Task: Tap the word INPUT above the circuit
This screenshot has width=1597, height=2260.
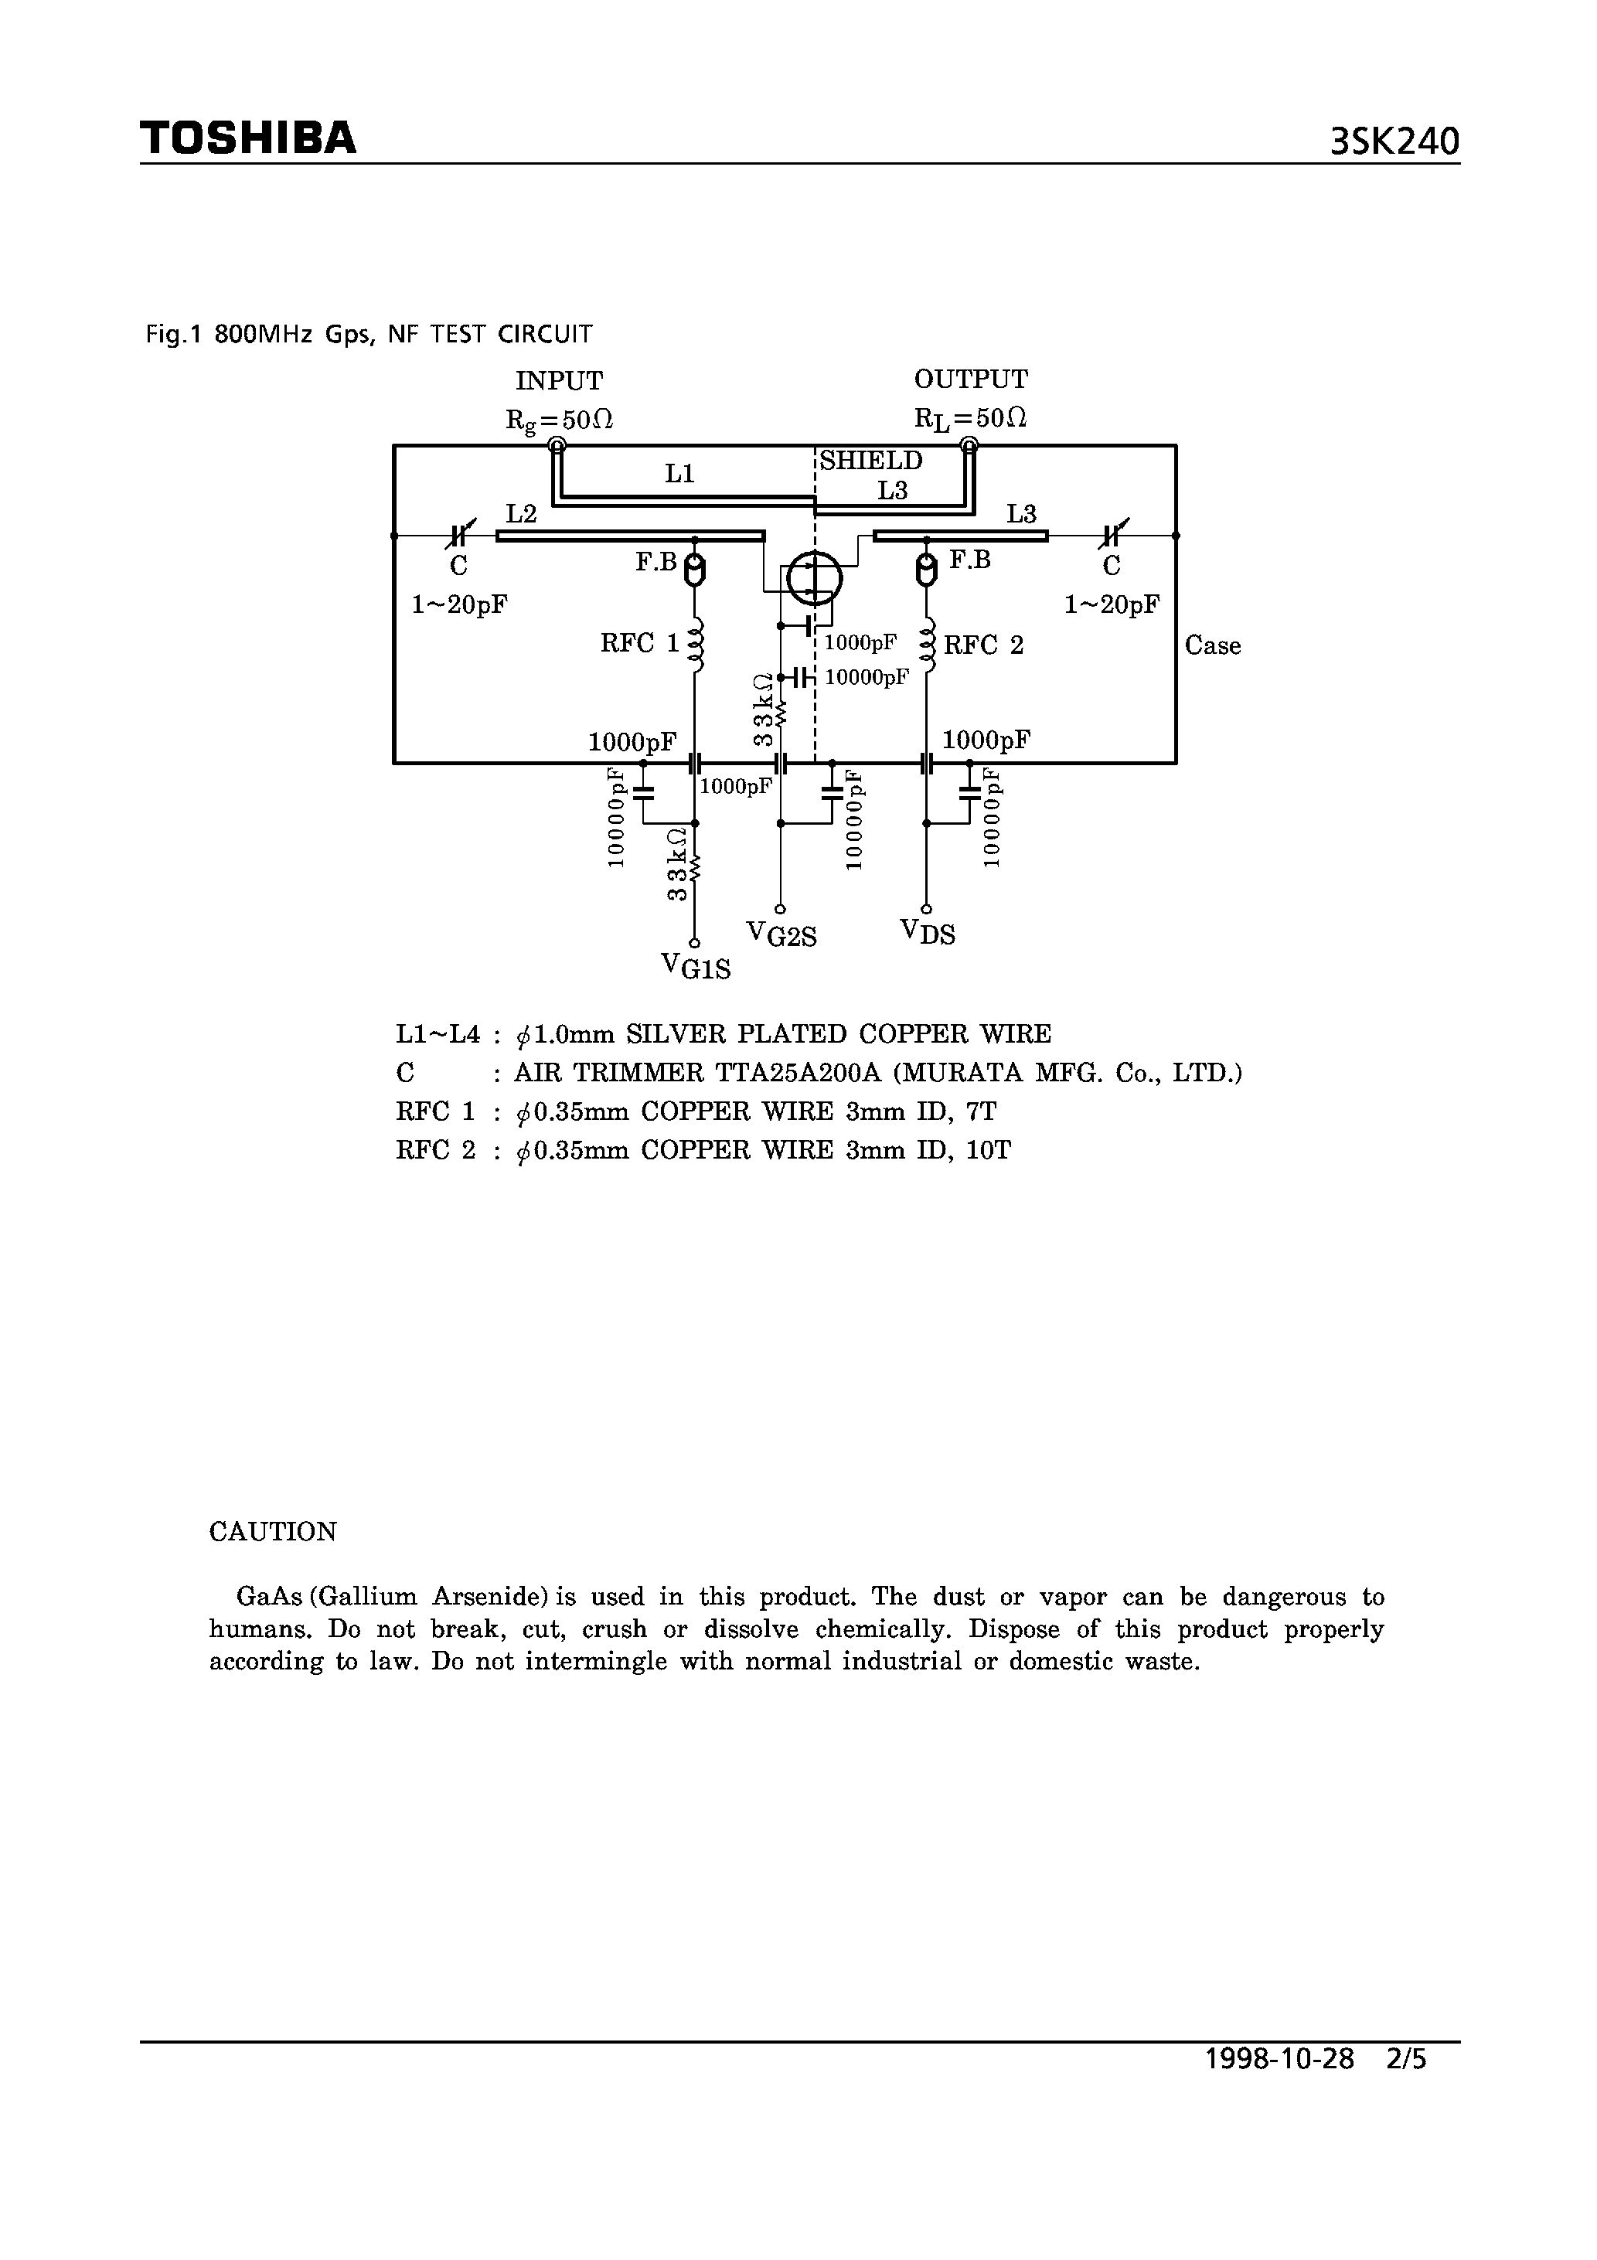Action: (559, 381)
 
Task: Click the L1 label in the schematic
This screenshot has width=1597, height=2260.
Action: (679, 475)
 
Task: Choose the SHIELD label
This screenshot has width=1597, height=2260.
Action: (871, 461)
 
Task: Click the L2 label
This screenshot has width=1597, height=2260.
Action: (521, 514)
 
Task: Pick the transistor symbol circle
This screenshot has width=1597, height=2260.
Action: (813, 578)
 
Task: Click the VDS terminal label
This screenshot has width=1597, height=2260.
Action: (928, 931)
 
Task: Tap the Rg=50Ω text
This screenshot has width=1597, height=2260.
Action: (559, 420)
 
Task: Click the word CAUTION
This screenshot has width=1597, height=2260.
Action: (273, 1532)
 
